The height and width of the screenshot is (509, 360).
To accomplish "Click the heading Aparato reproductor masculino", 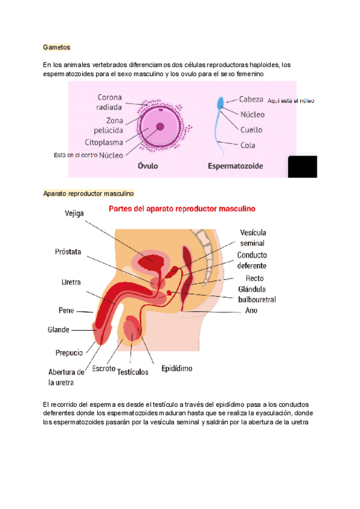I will tap(89, 194).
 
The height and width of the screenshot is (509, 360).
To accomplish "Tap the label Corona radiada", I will tap(111, 102).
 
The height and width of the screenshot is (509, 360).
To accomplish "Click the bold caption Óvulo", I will tap(148, 166).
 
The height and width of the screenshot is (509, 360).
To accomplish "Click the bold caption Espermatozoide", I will tap(235, 166).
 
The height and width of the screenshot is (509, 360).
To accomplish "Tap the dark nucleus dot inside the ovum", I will tap(160, 127).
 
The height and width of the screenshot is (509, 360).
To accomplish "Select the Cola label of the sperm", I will tap(247, 145).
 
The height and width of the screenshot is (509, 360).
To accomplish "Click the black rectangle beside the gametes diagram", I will tap(302, 166).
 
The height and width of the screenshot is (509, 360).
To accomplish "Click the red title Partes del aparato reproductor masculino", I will tap(182, 209).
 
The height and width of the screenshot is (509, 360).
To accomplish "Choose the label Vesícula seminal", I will tap(253, 238).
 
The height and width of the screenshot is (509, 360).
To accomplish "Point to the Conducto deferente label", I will tap(252, 260).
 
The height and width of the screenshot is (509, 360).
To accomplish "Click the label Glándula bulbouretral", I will tap(256, 294).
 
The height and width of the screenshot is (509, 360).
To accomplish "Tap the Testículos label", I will tap(133, 372).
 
